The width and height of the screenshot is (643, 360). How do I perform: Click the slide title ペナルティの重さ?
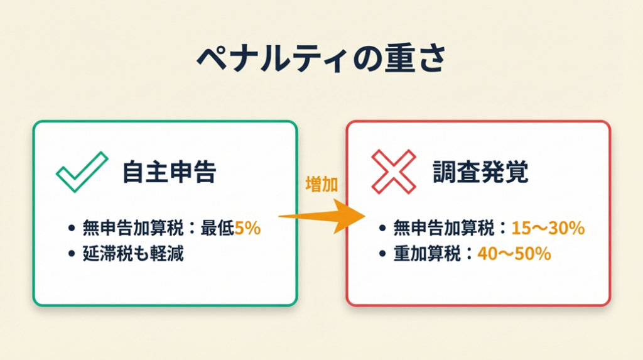[x=321, y=58]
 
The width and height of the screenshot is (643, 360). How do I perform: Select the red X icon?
[x=394, y=172]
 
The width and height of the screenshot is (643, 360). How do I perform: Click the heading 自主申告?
[x=169, y=172]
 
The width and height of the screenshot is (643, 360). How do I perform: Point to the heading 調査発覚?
[x=480, y=172]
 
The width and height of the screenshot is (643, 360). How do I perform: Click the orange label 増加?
[x=321, y=184]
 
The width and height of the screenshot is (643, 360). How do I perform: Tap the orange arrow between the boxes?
[x=322, y=216]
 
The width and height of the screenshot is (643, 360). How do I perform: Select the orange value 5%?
[x=247, y=228]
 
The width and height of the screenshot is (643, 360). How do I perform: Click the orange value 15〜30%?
[x=548, y=228]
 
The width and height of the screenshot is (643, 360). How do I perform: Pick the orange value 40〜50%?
[x=514, y=254]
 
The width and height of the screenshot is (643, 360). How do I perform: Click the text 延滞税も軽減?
[x=133, y=254]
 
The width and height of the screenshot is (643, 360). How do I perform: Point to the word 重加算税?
[x=427, y=254]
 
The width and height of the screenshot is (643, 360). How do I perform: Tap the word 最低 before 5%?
[x=217, y=228]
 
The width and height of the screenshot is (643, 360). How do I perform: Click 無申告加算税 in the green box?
[x=133, y=228]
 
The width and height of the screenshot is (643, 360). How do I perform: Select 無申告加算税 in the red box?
[x=444, y=228]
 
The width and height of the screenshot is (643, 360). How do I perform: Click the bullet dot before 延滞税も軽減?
[x=72, y=254]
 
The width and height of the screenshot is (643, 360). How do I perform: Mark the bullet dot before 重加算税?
[x=382, y=254]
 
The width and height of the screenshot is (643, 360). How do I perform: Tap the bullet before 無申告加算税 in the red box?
[x=382, y=228]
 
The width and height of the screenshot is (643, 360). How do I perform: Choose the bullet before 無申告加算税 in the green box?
[x=72, y=228]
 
